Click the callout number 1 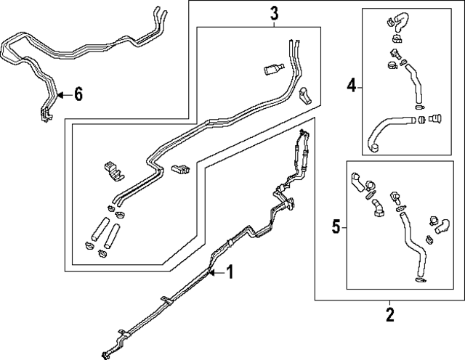point(230,273)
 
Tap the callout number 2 point(389,315)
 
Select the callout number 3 point(274,12)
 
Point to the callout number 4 point(351,86)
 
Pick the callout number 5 point(336,227)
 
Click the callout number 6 point(78,94)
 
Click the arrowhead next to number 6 point(60,94)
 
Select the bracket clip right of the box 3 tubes point(305,94)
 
